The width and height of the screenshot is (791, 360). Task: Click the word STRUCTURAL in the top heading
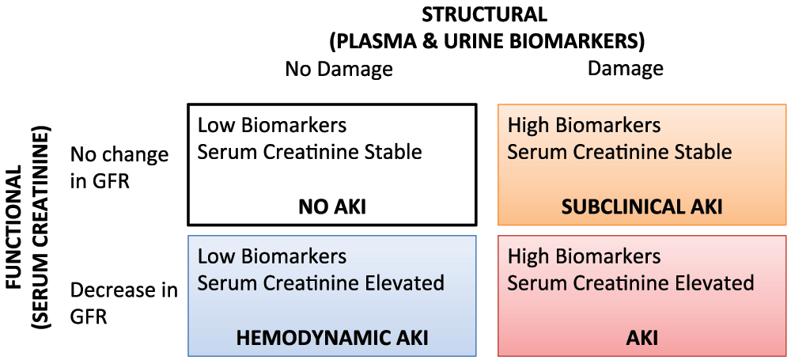(x=484, y=14)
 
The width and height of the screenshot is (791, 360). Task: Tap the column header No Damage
(x=339, y=70)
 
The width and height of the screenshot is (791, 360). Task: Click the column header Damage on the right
(x=625, y=70)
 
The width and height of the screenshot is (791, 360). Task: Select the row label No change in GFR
(x=119, y=168)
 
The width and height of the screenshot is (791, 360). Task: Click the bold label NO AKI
(x=332, y=207)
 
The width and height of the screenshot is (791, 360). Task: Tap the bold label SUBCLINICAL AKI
(x=642, y=207)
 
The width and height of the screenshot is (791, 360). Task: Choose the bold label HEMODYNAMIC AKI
(x=332, y=338)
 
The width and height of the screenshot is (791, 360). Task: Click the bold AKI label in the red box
(x=642, y=338)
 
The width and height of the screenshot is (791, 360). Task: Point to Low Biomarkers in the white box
(x=272, y=126)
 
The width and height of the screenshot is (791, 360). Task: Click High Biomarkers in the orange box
(x=584, y=126)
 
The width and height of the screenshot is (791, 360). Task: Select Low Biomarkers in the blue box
(x=272, y=256)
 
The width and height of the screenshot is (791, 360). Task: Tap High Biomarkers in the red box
(x=584, y=256)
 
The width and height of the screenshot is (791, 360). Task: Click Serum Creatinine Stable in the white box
(x=309, y=152)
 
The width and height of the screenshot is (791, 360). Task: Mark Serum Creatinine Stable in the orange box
(x=619, y=152)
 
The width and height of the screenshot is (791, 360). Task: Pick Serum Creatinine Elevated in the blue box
(x=320, y=282)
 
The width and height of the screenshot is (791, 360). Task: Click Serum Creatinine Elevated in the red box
(x=630, y=282)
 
